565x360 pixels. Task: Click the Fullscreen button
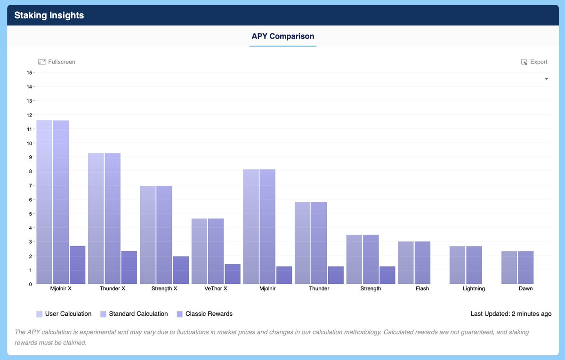[x=56, y=62]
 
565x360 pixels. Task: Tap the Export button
[x=534, y=62]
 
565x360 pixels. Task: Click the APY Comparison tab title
[x=283, y=36]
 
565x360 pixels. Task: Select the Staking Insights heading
[x=49, y=15]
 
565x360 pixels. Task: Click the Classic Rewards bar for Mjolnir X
[x=77, y=265]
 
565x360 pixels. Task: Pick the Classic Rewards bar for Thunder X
[x=129, y=267]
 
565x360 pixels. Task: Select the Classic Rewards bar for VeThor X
[x=233, y=274]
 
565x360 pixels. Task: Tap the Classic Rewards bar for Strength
[x=387, y=275]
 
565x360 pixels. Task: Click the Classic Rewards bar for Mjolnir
[x=284, y=275]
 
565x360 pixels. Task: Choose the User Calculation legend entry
[x=64, y=314]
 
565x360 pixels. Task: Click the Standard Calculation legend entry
[x=134, y=314]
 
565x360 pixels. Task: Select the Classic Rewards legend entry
[x=204, y=314]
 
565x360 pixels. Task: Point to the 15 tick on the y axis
[x=29, y=72]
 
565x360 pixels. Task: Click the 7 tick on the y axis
[x=31, y=185]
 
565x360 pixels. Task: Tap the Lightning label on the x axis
[x=474, y=288]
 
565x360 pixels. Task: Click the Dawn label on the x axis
[x=525, y=288]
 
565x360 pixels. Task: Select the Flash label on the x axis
[x=422, y=288]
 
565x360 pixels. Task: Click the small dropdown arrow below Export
[x=546, y=79]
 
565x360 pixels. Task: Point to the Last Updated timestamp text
[x=511, y=314]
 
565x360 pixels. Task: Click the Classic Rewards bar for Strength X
[x=181, y=270]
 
